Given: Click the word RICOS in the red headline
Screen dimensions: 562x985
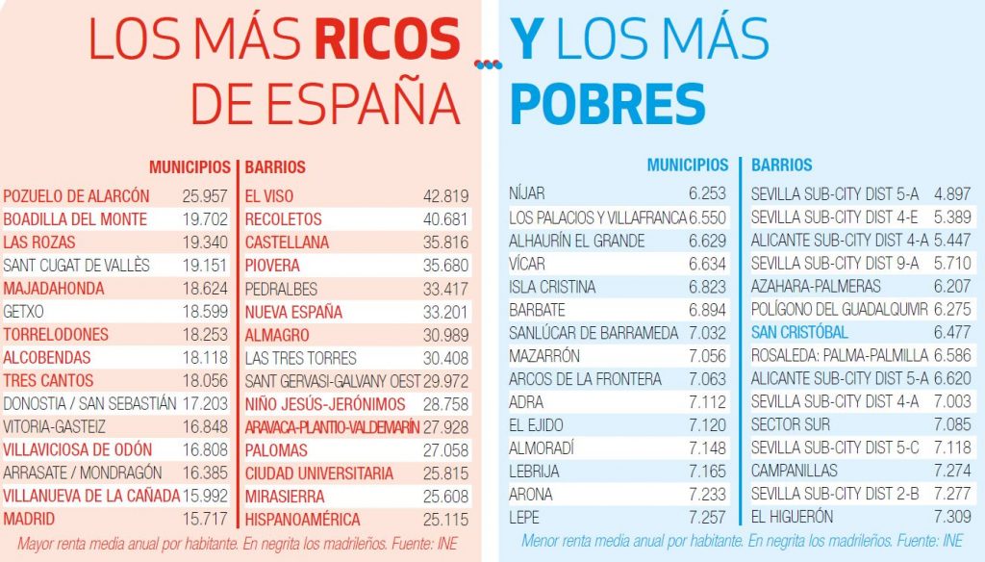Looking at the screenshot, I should pyautogui.click(x=387, y=39).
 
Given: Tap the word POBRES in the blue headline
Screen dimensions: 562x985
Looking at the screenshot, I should pyautogui.click(x=608, y=103).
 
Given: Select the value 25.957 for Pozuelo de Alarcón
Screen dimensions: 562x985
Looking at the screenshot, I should pyautogui.click(x=205, y=196).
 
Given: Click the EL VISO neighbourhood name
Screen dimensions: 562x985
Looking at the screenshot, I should pyautogui.click(x=268, y=196).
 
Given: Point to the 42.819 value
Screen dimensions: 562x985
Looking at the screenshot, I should pyautogui.click(x=445, y=196).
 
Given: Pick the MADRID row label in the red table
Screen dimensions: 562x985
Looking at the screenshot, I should pyautogui.click(x=29, y=520).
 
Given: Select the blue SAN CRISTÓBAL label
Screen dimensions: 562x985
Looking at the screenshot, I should pyautogui.click(x=799, y=332).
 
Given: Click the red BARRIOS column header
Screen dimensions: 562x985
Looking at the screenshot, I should pyautogui.click(x=275, y=167).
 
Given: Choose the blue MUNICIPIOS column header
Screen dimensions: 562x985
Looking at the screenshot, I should pyautogui.click(x=687, y=166).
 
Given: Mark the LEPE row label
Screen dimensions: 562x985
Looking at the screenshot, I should pyautogui.click(x=523, y=517).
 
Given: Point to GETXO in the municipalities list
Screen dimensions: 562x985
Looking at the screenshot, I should pyautogui.click(x=24, y=312).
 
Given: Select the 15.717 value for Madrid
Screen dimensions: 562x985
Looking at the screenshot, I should pyautogui.click(x=205, y=520).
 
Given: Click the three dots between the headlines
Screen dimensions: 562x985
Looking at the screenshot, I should pyautogui.click(x=489, y=64).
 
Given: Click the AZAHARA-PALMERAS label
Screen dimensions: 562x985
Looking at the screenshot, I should pyautogui.click(x=802, y=287).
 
